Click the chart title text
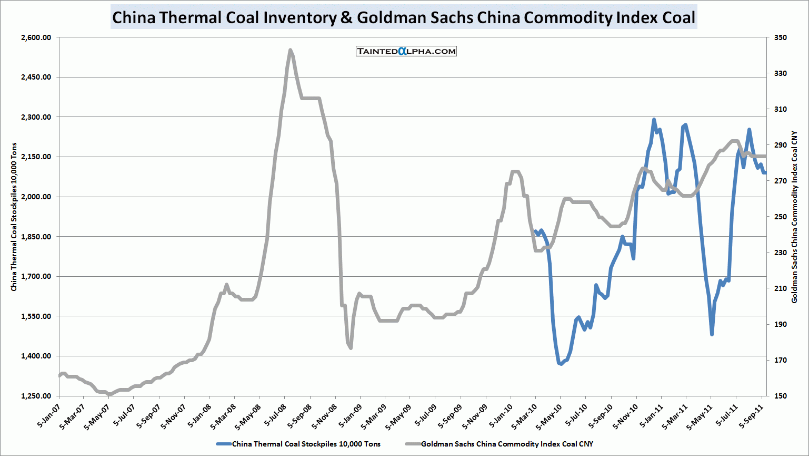tap(404, 17)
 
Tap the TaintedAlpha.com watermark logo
tap(406, 51)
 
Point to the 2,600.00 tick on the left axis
tap(36, 37)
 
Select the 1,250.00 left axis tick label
tap(36, 396)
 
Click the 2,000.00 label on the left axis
tap(36, 197)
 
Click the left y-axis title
tap(14, 217)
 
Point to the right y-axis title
tap(795, 217)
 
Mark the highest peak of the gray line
tap(291, 50)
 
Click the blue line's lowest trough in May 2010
tap(561, 364)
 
